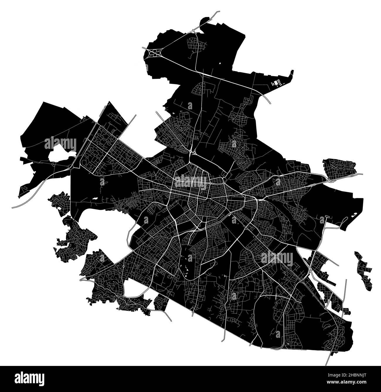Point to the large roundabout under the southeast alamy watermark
pyautogui.click(x=276, y=257)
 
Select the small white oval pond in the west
pyautogui.click(x=95, y=199)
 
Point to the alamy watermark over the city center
pyautogui.click(x=191, y=182)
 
